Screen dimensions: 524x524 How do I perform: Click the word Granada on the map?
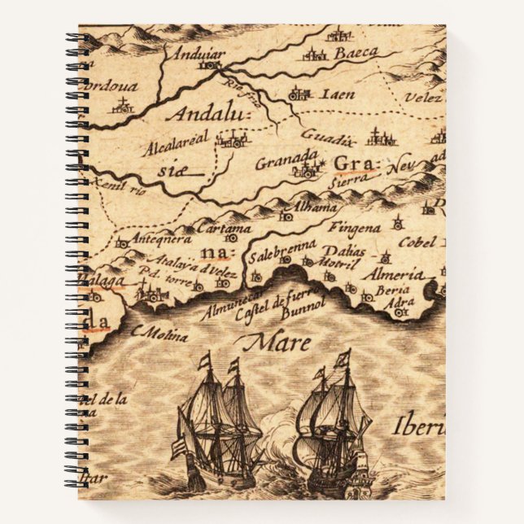(x=285, y=159)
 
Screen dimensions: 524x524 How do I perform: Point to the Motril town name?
(x=339, y=264)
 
